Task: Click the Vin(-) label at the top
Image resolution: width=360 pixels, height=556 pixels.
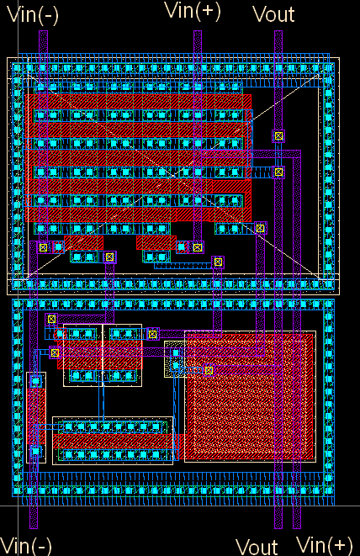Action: pyautogui.click(x=32, y=16)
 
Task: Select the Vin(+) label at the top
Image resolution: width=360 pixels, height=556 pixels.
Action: pyautogui.click(x=193, y=11)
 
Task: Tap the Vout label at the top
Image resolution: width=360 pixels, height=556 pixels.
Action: pyautogui.click(x=273, y=14)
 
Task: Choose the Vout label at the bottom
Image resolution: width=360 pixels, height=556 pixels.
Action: pyautogui.click(x=257, y=547)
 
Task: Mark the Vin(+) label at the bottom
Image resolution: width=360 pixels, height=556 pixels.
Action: pyautogui.click(x=324, y=545)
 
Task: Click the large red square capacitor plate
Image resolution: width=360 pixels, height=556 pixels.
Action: pyautogui.click(x=250, y=396)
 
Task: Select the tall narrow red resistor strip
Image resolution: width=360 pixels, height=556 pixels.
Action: pyautogui.click(x=36, y=416)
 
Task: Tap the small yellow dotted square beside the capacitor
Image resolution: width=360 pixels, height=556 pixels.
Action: pyautogui.click(x=174, y=359)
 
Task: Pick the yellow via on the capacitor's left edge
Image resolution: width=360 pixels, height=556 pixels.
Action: pyautogui.click(x=209, y=371)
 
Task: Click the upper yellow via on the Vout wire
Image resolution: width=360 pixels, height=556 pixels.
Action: pyautogui.click(x=278, y=135)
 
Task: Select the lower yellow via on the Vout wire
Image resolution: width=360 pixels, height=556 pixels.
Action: pyautogui.click(x=278, y=172)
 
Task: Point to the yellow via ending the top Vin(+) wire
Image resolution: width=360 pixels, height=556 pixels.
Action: pyautogui.click(x=198, y=247)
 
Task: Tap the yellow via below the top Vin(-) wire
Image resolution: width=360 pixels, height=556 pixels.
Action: pyautogui.click(x=43, y=247)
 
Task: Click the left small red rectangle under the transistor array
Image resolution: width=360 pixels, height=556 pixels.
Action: pyautogui.click(x=84, y=243)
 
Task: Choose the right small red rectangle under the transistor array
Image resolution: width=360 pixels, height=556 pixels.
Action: pyautogui.click(x=156, y=243)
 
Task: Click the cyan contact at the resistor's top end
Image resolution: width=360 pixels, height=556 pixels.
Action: pyautogui.click(x=35, y=382)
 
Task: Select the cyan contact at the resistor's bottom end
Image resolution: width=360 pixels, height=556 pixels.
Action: pyautogui.click(x=35, y=452)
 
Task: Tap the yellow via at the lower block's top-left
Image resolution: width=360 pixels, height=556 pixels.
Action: pyautogui.click(x=52, y=319)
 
